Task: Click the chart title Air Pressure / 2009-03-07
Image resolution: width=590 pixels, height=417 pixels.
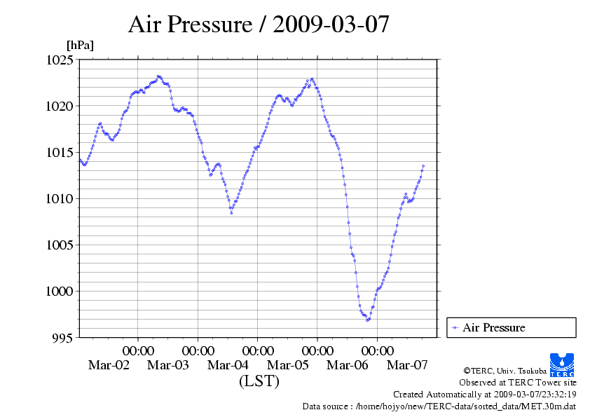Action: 259,25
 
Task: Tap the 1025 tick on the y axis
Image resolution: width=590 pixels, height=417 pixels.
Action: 60,60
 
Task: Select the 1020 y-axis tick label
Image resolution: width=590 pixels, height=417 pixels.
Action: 60,107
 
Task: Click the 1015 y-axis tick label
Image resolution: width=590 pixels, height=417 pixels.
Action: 60,153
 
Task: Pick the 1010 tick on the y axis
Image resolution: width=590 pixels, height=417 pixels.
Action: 60,199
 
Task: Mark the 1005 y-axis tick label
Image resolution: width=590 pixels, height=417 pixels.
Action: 60,245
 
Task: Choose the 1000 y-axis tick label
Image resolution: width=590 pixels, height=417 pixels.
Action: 60,292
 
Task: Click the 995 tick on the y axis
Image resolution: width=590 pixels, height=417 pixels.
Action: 63,338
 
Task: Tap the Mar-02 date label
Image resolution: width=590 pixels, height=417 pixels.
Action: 109,365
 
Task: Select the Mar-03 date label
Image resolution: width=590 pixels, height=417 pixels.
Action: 168,365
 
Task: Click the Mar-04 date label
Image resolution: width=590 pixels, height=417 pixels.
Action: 228,365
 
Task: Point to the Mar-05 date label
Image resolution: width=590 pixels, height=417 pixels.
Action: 287,365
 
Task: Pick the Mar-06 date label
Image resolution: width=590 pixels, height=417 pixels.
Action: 347,365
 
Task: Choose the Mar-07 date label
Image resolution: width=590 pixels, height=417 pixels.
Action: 407,365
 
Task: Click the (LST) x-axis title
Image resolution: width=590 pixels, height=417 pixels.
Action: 259,382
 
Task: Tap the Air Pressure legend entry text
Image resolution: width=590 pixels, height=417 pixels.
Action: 493,328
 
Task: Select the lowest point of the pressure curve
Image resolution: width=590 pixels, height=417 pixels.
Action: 367,320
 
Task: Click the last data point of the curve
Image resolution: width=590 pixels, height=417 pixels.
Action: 423,166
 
